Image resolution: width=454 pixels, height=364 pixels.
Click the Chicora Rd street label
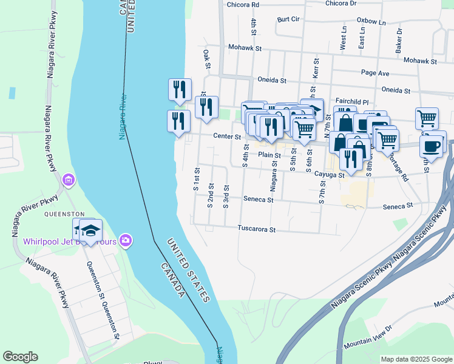(x=243, y=4)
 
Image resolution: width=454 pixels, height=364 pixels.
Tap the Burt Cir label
(x=288, y=19)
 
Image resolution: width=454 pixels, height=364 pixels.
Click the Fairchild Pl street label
(x=351, y=101)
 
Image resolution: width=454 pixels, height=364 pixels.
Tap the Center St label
(x=227, y=137)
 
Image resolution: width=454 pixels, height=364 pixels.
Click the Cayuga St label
(x=330, y=175)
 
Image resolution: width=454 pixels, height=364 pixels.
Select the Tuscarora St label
(x=257, y=230)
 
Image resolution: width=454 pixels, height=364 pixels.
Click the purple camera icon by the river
(x=126, y=241)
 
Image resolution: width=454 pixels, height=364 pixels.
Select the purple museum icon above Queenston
(x=68, y=180)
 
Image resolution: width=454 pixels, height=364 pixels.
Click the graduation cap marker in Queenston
(x=90, y=231)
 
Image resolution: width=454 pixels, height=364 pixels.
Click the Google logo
(x=20, y=357)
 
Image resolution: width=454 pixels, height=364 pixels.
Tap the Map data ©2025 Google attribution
(x=416, y=359)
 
